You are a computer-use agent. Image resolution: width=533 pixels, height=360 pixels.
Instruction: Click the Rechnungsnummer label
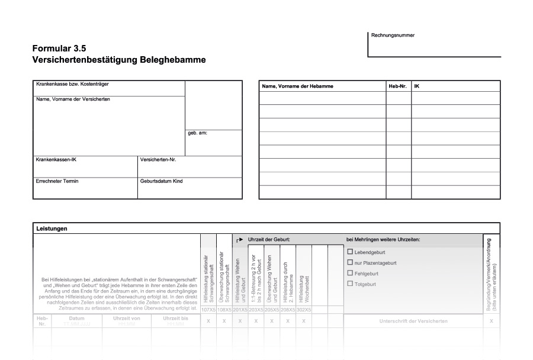[393, 35]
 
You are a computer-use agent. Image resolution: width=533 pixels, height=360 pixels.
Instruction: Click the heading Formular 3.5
[63, 49]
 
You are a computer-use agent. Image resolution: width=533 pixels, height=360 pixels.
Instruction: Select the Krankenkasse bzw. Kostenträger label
[72, 84]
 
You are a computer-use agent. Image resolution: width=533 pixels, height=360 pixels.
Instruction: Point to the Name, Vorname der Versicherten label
[73, 99]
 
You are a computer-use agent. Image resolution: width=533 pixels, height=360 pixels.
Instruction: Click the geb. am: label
[198, 133]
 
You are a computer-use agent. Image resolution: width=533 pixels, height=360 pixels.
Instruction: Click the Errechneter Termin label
[57, 181]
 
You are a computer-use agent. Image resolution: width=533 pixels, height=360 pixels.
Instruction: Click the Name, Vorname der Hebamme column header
[297, 86]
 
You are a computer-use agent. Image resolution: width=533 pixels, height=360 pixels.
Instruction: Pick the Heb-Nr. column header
[397, 86]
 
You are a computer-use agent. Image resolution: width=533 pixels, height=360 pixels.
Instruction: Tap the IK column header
[417, 86]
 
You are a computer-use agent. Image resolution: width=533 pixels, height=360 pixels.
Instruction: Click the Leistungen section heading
[52, 229]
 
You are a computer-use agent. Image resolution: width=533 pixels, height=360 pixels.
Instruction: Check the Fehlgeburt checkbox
[349, 273]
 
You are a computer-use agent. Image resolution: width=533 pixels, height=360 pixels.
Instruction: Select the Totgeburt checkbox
[349, 284]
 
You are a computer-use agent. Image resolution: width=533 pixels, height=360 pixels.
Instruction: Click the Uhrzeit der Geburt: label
[269, 239]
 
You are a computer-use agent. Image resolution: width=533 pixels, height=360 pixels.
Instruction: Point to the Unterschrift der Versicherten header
[413, 321]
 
